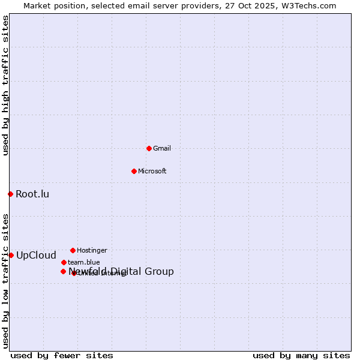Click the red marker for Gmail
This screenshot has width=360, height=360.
(149, 148)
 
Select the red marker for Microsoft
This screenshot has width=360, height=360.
(134, 171)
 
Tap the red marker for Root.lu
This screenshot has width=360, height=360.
(10, 194)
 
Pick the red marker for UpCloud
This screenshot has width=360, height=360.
(11, 255)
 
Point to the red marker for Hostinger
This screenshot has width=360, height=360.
(73, 250)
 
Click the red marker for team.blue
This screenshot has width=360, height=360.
(64, 262)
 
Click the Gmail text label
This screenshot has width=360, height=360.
(162, 148)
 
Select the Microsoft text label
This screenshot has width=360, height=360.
(152, 171)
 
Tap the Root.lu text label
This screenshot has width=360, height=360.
(32, 194)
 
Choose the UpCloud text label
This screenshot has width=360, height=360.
(36, 255)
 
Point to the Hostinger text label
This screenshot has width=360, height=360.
(92, 250)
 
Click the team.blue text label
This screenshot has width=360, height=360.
(83, 262)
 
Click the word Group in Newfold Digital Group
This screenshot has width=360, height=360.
(159, 272)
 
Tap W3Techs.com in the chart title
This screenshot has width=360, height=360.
(307, 5)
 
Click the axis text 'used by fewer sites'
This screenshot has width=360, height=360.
(62, 355)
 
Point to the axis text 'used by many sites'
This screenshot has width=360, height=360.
(301, 355)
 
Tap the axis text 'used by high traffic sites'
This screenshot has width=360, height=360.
(5, 85)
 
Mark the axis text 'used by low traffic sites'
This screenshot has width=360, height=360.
(5, 280)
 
